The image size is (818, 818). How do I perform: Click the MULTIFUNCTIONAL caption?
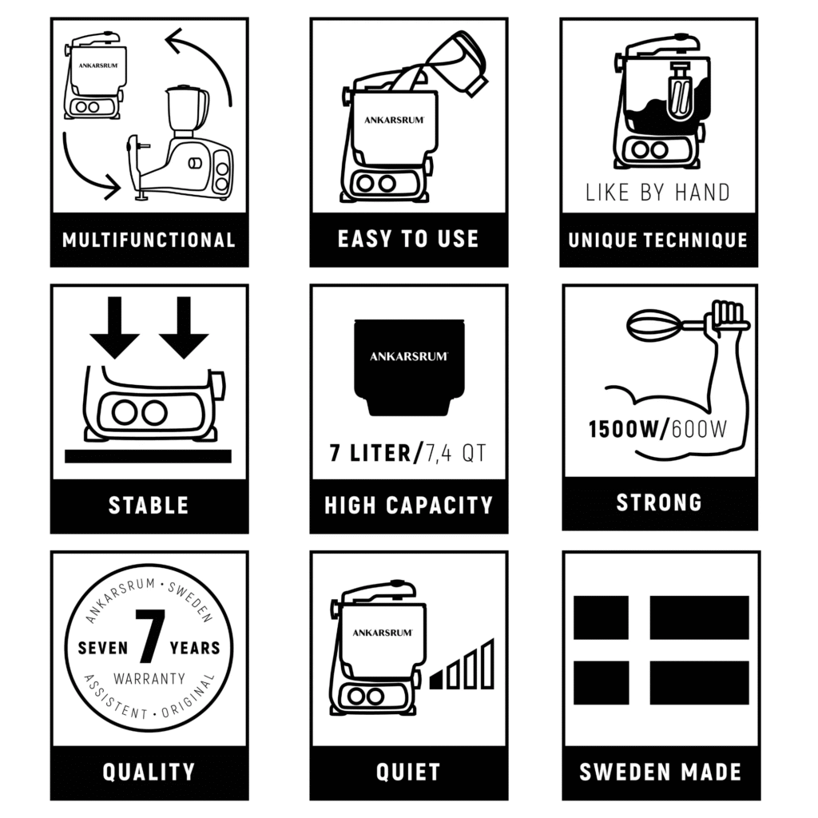pyautogui.click(x=149, y=240)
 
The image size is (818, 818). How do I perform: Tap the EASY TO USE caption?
pyautogui.click(x=408, y=239)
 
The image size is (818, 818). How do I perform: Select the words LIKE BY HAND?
pyautogui.click(x=657, y=193)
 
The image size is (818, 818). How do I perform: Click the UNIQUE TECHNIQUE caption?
pyautogui.click(x=658, y=240)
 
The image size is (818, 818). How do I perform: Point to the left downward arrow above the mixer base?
pyautogui.click(x=115, y=328)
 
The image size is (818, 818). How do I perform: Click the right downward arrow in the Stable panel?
pyautogui.click(x=184, y=328)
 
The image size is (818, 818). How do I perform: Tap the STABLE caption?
pyautogui.click(x=149, y=506)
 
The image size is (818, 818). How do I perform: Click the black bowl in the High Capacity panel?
pyautogui.click(x=409, y=367)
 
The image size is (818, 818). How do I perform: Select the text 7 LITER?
pyautogui.click(x=371, y=453)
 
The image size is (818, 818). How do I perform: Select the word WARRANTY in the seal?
pyautogui.click(x=149, y=679)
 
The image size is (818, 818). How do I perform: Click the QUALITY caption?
pyautogui.click(x=149, y=772)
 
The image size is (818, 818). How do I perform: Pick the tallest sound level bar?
pyautogui.click(x=488, y=664)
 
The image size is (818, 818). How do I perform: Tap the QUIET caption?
pyautogui.click(x=408, y=772)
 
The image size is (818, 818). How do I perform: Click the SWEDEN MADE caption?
pyautogui.click(x=661, y=772)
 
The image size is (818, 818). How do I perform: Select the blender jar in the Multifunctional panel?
pyautogui.click(x=187, y=110)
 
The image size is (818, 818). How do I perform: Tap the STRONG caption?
pyautogui.click(x=659, y=502)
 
